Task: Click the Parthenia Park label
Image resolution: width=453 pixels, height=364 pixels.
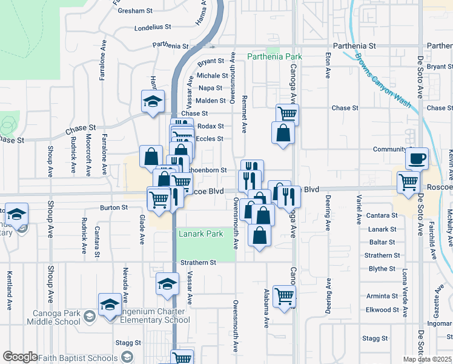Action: point(275,56)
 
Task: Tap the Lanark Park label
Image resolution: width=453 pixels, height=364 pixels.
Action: point(200,233)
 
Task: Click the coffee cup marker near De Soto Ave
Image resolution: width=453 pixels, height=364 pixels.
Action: point(417,159)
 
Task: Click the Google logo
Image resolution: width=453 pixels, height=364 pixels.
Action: point(20,357)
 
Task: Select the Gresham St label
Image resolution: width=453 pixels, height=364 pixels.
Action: point(135,11)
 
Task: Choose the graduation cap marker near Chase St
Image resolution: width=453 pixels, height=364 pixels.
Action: point(153,101)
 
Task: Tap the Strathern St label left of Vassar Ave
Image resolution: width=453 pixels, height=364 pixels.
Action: point(198,263)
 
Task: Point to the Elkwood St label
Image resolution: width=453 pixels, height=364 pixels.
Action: point(383,310)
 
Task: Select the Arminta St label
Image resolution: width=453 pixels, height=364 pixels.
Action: point(382,296)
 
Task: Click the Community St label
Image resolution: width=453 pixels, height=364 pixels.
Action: point(389,149)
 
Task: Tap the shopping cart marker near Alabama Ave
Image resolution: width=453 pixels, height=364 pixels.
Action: point(285,296)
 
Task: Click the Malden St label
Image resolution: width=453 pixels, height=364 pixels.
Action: point(210,101)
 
